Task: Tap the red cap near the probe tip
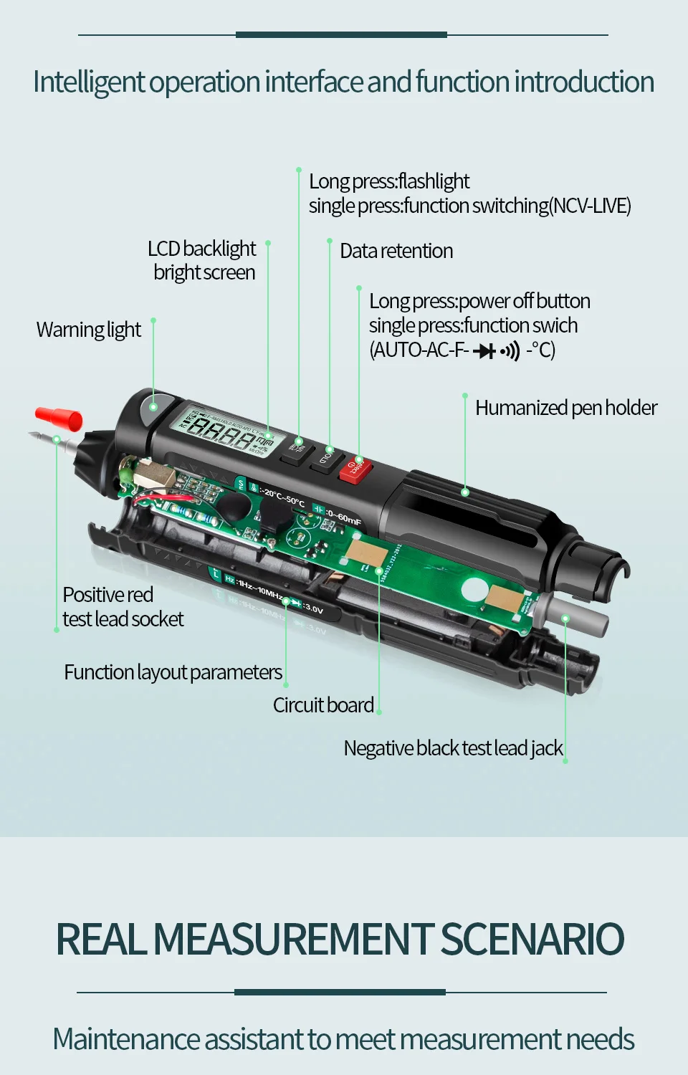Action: tap(59, 418)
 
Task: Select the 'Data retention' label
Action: tap(396, 251)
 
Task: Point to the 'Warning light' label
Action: tap(89, 330)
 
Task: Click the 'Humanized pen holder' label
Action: tap(566, 408)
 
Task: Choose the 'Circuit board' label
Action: tap(323, 705)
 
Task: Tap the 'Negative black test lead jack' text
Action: tap(453, 748)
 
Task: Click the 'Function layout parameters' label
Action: tap(173, 672)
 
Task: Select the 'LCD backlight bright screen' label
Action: tap(203, 260)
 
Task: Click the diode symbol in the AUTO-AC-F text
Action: tap(485, 350)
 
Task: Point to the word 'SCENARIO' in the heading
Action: tap(532, 939)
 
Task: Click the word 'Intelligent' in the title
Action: tap(89, 82)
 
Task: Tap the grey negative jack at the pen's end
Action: tap(573, 614)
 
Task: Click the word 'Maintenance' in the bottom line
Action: tap(126, 1039)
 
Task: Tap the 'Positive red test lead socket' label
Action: tap(123, 607)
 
